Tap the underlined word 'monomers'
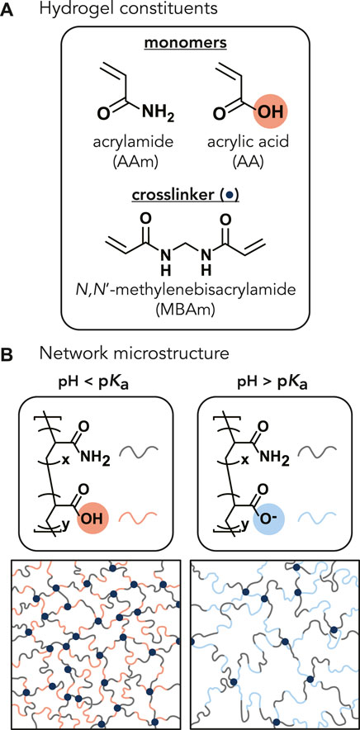[x=179, y=51]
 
